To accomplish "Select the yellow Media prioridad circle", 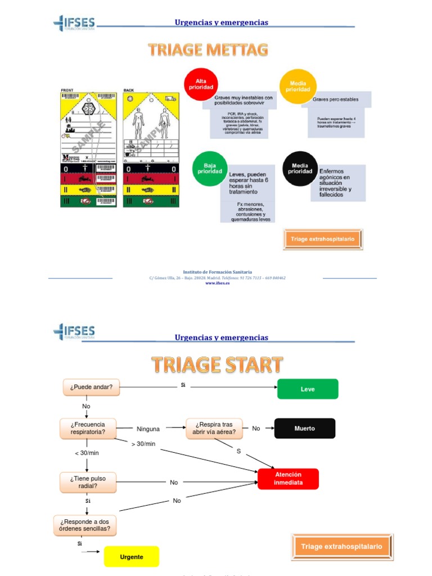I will click(296, 85).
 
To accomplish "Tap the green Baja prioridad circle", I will click(209, 168).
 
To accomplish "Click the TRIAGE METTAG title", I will click(208, 51).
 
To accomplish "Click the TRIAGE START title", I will click(217, 365).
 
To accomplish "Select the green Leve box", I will click(308, 389).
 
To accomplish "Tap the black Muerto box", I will click(304, 428).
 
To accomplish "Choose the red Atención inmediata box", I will click(288, 479).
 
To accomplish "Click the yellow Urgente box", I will click(132, 557).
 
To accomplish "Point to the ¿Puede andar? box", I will click(91, 387).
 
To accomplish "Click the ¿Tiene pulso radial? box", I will click(88, 483).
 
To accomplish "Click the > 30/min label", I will click(143, 444).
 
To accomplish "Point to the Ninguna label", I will click(148, 429).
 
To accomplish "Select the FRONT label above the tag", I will click(67, 90).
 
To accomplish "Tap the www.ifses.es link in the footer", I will click(217, 283).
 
